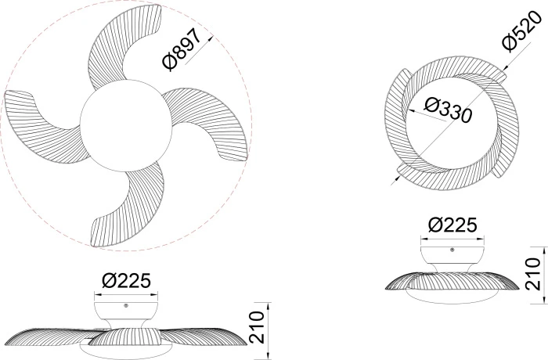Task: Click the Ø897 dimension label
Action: point(182,49)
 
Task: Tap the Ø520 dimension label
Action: point(521,31)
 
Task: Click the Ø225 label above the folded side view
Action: point(452,225)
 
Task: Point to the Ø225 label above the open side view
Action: point(126,280)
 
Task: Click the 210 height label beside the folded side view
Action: point(533,274)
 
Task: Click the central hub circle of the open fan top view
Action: point(126,126)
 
